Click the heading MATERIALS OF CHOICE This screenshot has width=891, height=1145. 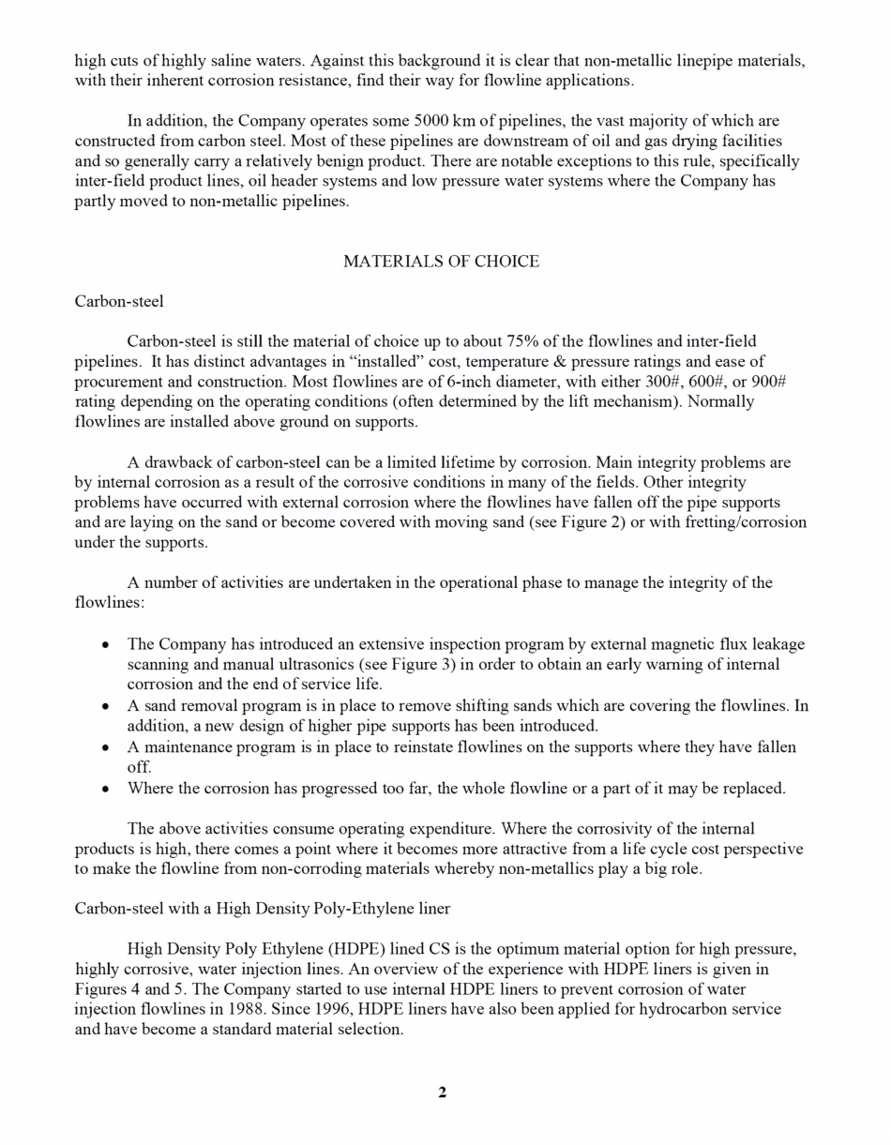pyautogui.click(x=441, y=262)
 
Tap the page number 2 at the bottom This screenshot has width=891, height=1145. pyautogui.click(x=442, y=1092)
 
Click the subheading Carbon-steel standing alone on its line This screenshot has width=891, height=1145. pyautogui.click(x=119, y=301)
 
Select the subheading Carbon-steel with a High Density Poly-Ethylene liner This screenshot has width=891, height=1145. pyautogui.click(x=262, y=909)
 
